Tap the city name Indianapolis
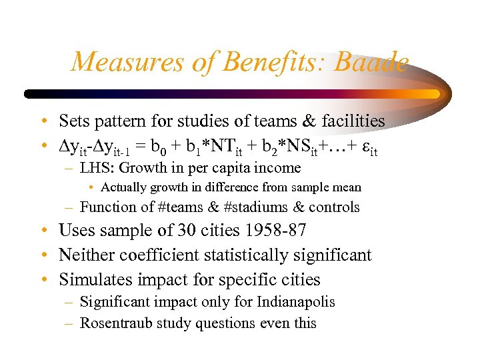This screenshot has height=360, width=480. (x=295, y=302)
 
